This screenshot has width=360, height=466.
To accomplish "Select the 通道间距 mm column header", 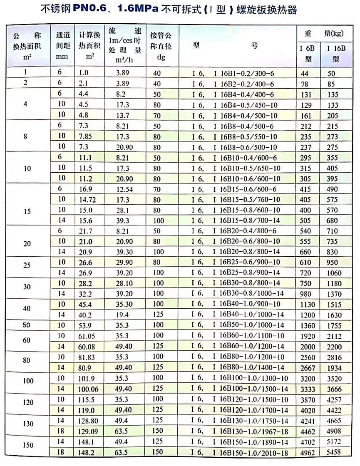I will click(62, 44).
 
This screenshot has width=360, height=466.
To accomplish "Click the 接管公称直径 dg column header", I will click(161, 44).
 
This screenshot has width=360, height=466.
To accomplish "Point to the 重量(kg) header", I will click(323, 33).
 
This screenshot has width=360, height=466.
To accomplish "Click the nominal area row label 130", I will click(27, 423).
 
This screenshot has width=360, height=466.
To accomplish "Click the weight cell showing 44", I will click(308, 73).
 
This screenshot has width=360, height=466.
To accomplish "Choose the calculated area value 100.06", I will click(89, 389).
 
